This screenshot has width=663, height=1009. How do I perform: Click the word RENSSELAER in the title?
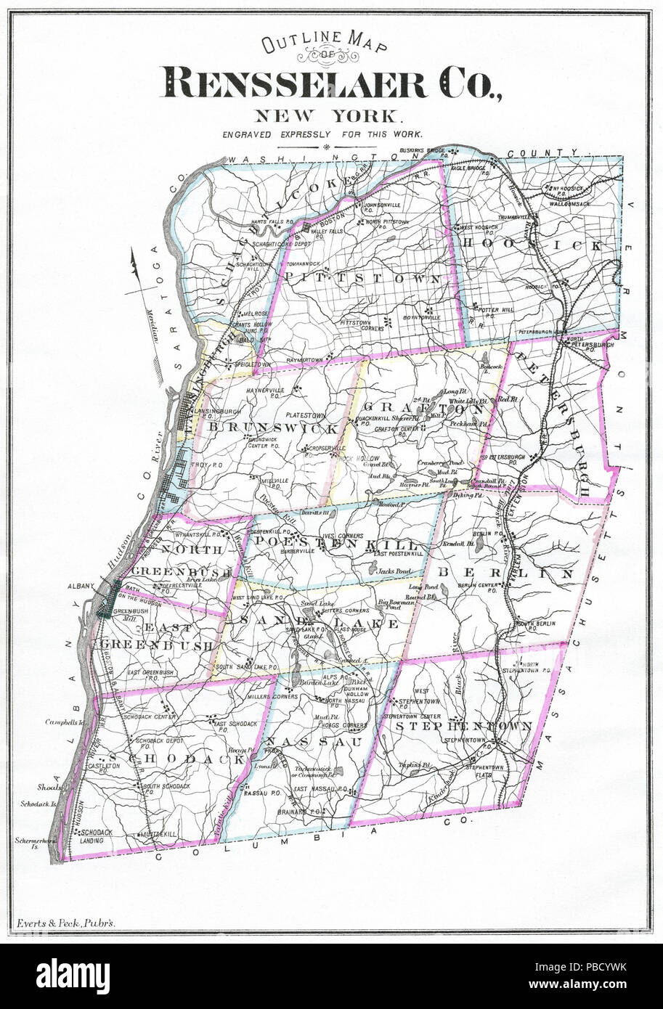point(294,83)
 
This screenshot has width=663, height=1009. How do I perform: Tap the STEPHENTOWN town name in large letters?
point(463,725)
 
